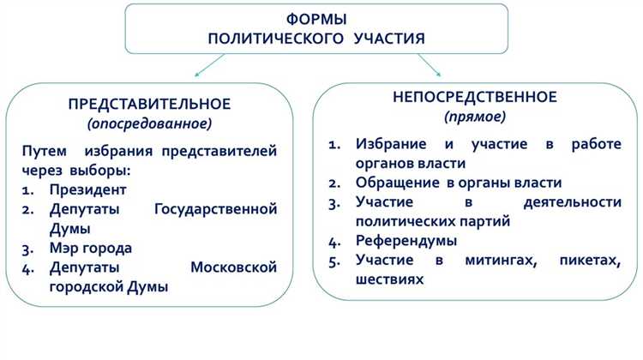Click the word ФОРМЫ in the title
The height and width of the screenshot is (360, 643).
click(316, 19)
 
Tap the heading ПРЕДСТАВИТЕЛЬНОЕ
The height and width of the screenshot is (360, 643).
click(149, 104)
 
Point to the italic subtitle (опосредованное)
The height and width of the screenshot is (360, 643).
click(149, 123)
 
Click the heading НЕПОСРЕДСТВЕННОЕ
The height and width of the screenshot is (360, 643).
click(474, 96)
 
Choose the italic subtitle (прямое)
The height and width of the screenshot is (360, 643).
click(474, 116)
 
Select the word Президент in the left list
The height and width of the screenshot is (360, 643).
click(88, 189)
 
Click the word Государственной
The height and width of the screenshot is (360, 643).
click(215, 209)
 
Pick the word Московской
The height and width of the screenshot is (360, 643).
click(233, 268)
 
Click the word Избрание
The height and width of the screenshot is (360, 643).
click(390, 143)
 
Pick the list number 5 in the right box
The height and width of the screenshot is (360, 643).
click(334, 261)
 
